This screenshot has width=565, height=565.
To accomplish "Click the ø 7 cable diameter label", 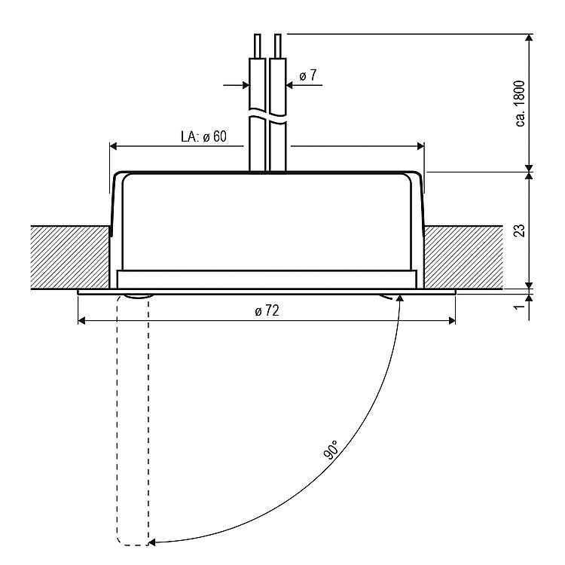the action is click(x=307, y=75).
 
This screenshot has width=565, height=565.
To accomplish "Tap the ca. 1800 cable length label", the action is click(x=521, y=103).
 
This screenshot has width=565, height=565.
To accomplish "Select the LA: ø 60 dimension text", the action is click(x=203, y=136).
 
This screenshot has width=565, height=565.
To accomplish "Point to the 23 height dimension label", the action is click(x=519, y=231).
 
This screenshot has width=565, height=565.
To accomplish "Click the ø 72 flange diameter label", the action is click(x=267, y=310).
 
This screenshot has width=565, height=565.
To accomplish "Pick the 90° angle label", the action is click(x=332, y=450).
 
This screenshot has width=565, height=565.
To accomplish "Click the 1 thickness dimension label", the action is click(x=519, y=307).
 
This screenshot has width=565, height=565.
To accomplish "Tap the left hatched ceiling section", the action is click(x=70, y=258).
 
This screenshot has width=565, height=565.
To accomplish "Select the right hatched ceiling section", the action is click(x=464, y=258).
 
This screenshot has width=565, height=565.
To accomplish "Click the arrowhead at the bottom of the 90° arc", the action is click(x=152, y=542).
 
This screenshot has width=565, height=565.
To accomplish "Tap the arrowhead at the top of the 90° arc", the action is click(x=399, y=298).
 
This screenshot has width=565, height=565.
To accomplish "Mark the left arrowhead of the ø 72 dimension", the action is click(x=82, y=320).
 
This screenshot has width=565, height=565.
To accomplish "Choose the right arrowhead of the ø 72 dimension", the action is click(x=451, y=320).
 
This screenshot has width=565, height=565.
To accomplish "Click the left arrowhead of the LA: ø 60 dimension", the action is click(x=114, y=146).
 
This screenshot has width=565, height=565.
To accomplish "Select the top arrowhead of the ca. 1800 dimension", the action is click(x=529, y=38).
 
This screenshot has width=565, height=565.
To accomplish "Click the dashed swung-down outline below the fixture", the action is click(x=133, y=420).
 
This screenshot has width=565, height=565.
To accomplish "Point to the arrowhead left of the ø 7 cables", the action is click(x=246, y=85).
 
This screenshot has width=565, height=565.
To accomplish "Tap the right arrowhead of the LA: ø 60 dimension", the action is click(x=420, y=146).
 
